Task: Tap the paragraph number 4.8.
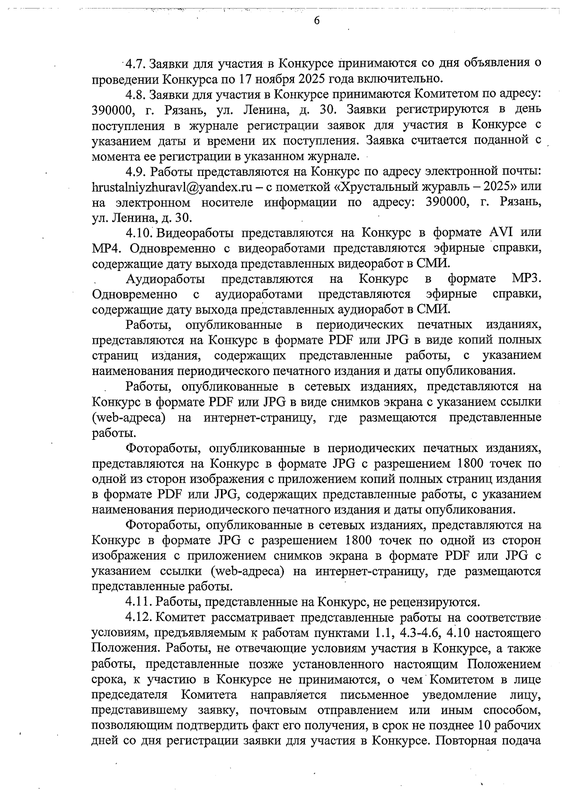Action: pyautogui.click(x=135, y=94)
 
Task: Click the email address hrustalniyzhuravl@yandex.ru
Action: pyautogui.click(x=170, y=187)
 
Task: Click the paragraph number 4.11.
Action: pyautogui.click(x=138, y=602)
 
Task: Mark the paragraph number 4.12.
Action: pyautogui.click(x=138, y=618)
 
